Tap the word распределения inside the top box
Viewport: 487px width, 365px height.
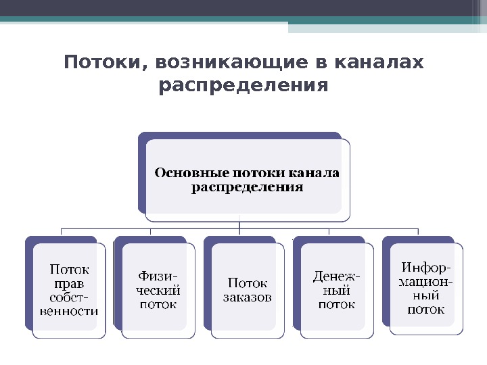pos(247,187)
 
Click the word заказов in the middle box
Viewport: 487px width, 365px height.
pos(248,297)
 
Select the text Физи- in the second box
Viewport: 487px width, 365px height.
pos(158,276)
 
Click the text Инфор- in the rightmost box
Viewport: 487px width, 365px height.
pos(426,267)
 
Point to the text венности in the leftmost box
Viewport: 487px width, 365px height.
pos(68,311)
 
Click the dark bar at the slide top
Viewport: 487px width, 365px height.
pos(243,8)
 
